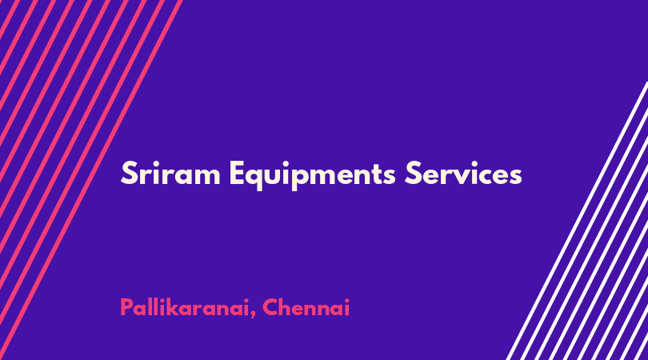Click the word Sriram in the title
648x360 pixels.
170,173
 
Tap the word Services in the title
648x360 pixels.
463,173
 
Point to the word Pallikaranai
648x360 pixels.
185,307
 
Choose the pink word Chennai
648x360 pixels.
306,307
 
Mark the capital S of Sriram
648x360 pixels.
129,173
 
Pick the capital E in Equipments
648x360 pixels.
238,173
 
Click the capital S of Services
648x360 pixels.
413,173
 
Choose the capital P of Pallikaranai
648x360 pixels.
127,307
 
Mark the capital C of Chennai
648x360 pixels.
270,307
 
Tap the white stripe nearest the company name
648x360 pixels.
577,221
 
